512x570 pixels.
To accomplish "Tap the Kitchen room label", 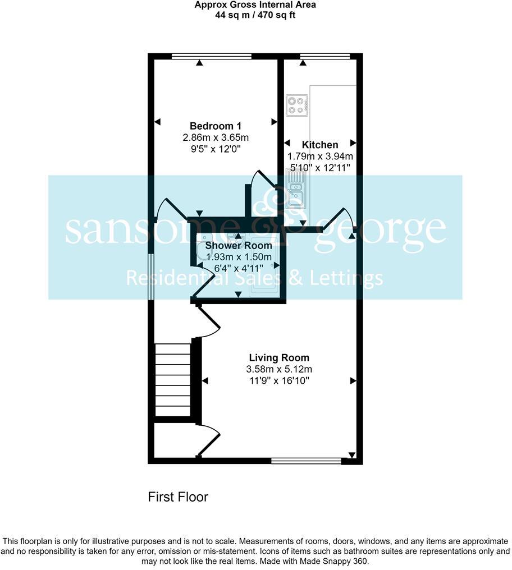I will pos(320,145).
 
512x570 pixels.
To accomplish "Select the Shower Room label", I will pos(239,246).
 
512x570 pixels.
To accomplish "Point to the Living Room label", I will pos(279,358).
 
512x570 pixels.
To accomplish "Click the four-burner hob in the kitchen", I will pos(297,105).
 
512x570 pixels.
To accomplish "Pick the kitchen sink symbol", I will pos(295,190).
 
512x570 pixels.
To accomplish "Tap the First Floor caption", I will pos(178,497).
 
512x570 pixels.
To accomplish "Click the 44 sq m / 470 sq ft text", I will pos(255,15).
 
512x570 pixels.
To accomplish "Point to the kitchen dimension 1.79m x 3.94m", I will pos(320,157).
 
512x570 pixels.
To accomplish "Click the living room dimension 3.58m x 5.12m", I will pos(279,369).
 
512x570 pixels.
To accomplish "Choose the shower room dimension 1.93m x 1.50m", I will pos(239,256).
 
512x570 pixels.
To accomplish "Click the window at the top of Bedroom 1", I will pos(211,56).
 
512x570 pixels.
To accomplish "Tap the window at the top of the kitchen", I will pos(326,56).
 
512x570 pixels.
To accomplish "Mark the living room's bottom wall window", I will pos(306,461).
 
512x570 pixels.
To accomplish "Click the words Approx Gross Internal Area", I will pos(255,5).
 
